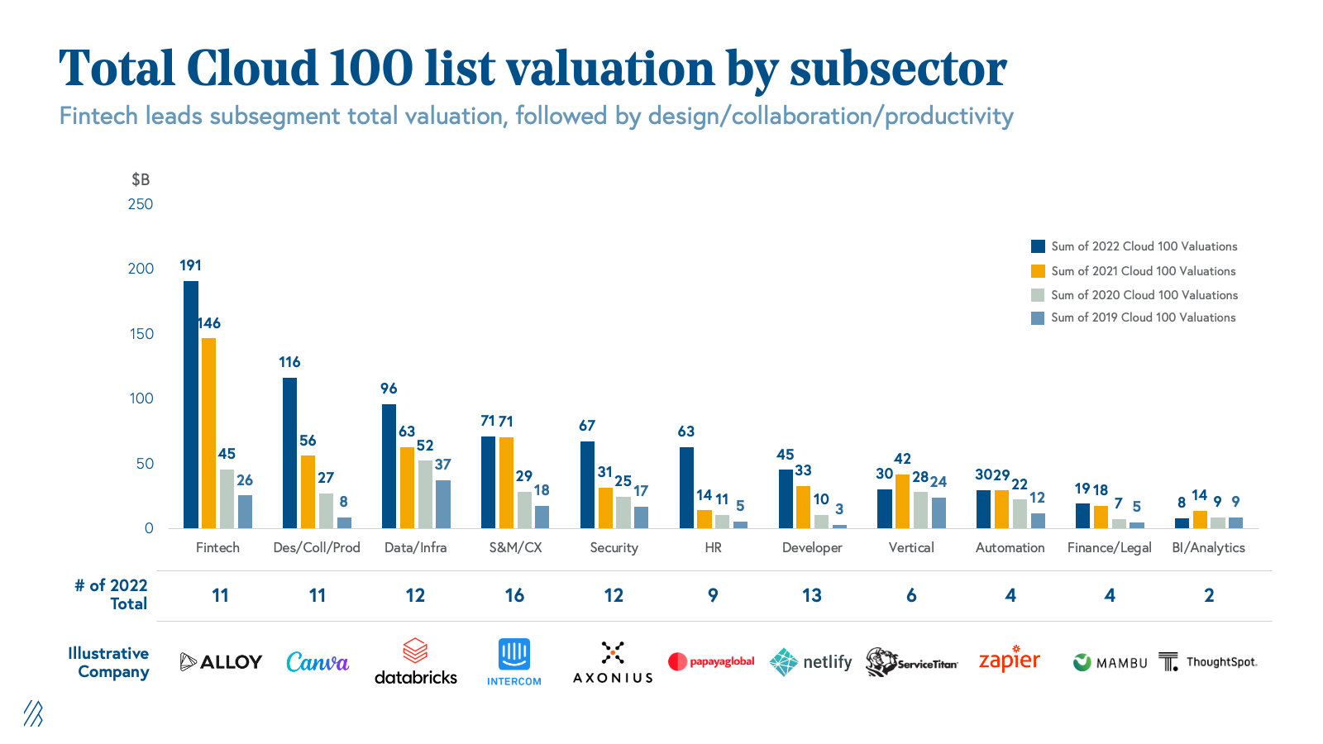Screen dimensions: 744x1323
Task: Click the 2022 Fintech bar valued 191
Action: tap(191, 404)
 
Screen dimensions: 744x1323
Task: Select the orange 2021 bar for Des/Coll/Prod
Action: tap(308, 492)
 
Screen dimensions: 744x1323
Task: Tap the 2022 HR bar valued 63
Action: tap(686, 488)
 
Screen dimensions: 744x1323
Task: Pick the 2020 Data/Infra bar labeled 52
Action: tap(425, 494)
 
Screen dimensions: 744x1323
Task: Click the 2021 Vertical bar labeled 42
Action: tap(903, 501)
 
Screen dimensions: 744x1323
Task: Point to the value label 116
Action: tap(289, 362)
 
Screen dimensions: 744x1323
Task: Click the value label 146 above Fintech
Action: tap(209, 323)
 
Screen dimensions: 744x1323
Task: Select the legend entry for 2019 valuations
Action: tap(1143, 317)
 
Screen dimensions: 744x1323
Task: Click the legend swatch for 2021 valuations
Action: tap(1038, 271)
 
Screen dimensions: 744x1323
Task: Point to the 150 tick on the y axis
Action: tap(141, 334)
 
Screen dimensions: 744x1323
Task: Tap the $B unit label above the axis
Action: tap(141, 179)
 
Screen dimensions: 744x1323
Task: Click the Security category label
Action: tap(614, 547)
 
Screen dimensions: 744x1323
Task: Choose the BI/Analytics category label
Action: tap(1208, 547)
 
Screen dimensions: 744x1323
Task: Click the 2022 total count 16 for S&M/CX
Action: tap(514, 595)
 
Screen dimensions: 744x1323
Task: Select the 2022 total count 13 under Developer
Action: tap(812, 595)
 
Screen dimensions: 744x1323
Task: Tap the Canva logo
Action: tap(318, 662)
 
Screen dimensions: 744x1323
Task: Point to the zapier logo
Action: tap(1010, 660)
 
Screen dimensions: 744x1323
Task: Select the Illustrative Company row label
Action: tap(109, 662)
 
